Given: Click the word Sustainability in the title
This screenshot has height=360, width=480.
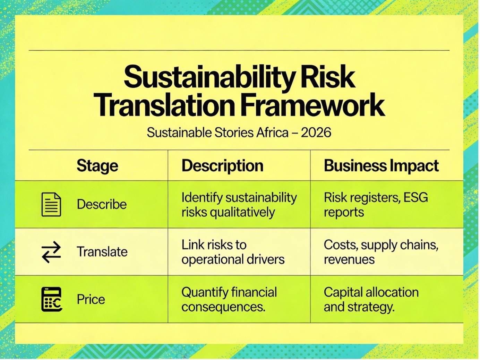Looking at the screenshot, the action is point(210,77).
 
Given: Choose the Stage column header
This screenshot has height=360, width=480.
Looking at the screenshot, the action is point(97,166).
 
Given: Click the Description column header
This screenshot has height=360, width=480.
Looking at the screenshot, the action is point(222,166).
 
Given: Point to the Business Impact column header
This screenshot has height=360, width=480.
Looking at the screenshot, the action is point(381,166).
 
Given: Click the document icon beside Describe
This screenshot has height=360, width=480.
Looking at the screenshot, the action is point(51,205).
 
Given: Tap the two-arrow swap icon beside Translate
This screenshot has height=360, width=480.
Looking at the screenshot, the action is point(51,252).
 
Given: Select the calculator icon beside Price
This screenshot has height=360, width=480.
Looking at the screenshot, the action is point(52,299).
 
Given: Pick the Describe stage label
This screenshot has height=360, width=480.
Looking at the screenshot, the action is point(102,204).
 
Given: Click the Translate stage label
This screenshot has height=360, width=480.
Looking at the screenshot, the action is point(102,251).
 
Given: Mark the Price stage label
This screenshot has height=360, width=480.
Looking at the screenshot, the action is point(91,299).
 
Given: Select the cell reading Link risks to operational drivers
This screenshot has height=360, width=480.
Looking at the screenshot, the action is point(233,252).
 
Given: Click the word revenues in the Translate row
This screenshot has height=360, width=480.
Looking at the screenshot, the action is point(349,259).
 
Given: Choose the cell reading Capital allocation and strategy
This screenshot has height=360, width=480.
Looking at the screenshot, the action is point(371,299).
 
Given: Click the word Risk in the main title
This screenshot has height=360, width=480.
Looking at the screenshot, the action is point(328,77).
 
